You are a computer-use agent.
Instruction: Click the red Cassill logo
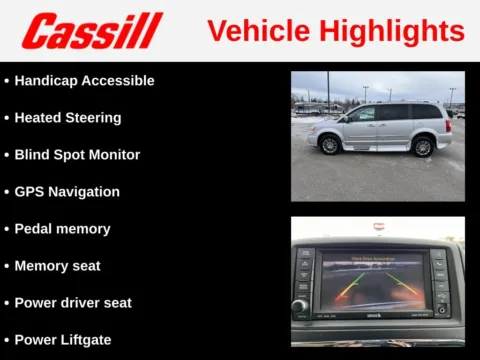(92, 31)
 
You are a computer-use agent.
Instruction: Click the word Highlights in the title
(396, 31)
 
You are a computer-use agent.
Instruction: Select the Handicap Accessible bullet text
(84, 80)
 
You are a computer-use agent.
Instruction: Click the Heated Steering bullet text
(67, 117)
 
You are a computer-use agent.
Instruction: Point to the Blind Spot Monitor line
(77, 154)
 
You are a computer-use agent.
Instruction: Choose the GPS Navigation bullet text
(67, 191)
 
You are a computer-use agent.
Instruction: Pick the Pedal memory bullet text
(62, 228)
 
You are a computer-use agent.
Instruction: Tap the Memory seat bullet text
(57, 265)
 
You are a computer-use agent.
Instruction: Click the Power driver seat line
(73, 302)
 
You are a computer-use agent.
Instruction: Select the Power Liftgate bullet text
(63, 339)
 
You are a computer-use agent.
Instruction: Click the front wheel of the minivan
(329, 145)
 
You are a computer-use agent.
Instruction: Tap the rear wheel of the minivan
(423, 147)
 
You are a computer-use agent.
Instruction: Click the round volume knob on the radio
(299, 305)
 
